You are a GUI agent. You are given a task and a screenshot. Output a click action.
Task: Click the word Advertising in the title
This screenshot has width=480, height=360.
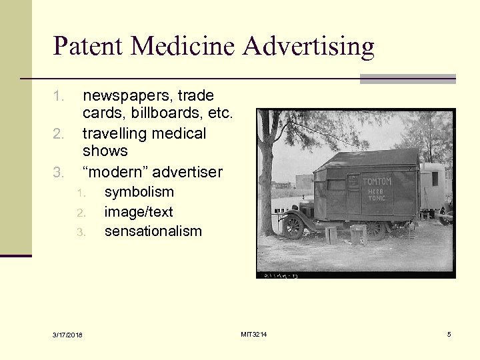pos(309,47)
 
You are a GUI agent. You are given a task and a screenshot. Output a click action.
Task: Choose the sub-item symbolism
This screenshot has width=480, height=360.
pos(139,192)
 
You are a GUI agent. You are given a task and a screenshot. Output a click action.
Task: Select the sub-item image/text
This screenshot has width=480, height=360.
pos(138,212)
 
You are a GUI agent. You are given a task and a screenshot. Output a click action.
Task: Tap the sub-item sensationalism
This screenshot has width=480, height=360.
pos(153,231)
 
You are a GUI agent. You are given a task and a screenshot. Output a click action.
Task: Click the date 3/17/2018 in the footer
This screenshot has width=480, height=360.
pos(69,335)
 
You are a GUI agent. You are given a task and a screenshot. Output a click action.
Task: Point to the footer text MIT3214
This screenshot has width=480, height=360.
pos(254,334)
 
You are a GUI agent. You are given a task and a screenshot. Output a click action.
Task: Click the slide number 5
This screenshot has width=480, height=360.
pos(449,334)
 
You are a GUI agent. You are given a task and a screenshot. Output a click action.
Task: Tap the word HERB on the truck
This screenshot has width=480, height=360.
pos(377,191)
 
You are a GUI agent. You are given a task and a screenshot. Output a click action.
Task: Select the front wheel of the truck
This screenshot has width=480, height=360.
pos(293,226)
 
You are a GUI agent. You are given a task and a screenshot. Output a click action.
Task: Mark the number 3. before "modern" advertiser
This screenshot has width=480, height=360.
pos(59,173)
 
